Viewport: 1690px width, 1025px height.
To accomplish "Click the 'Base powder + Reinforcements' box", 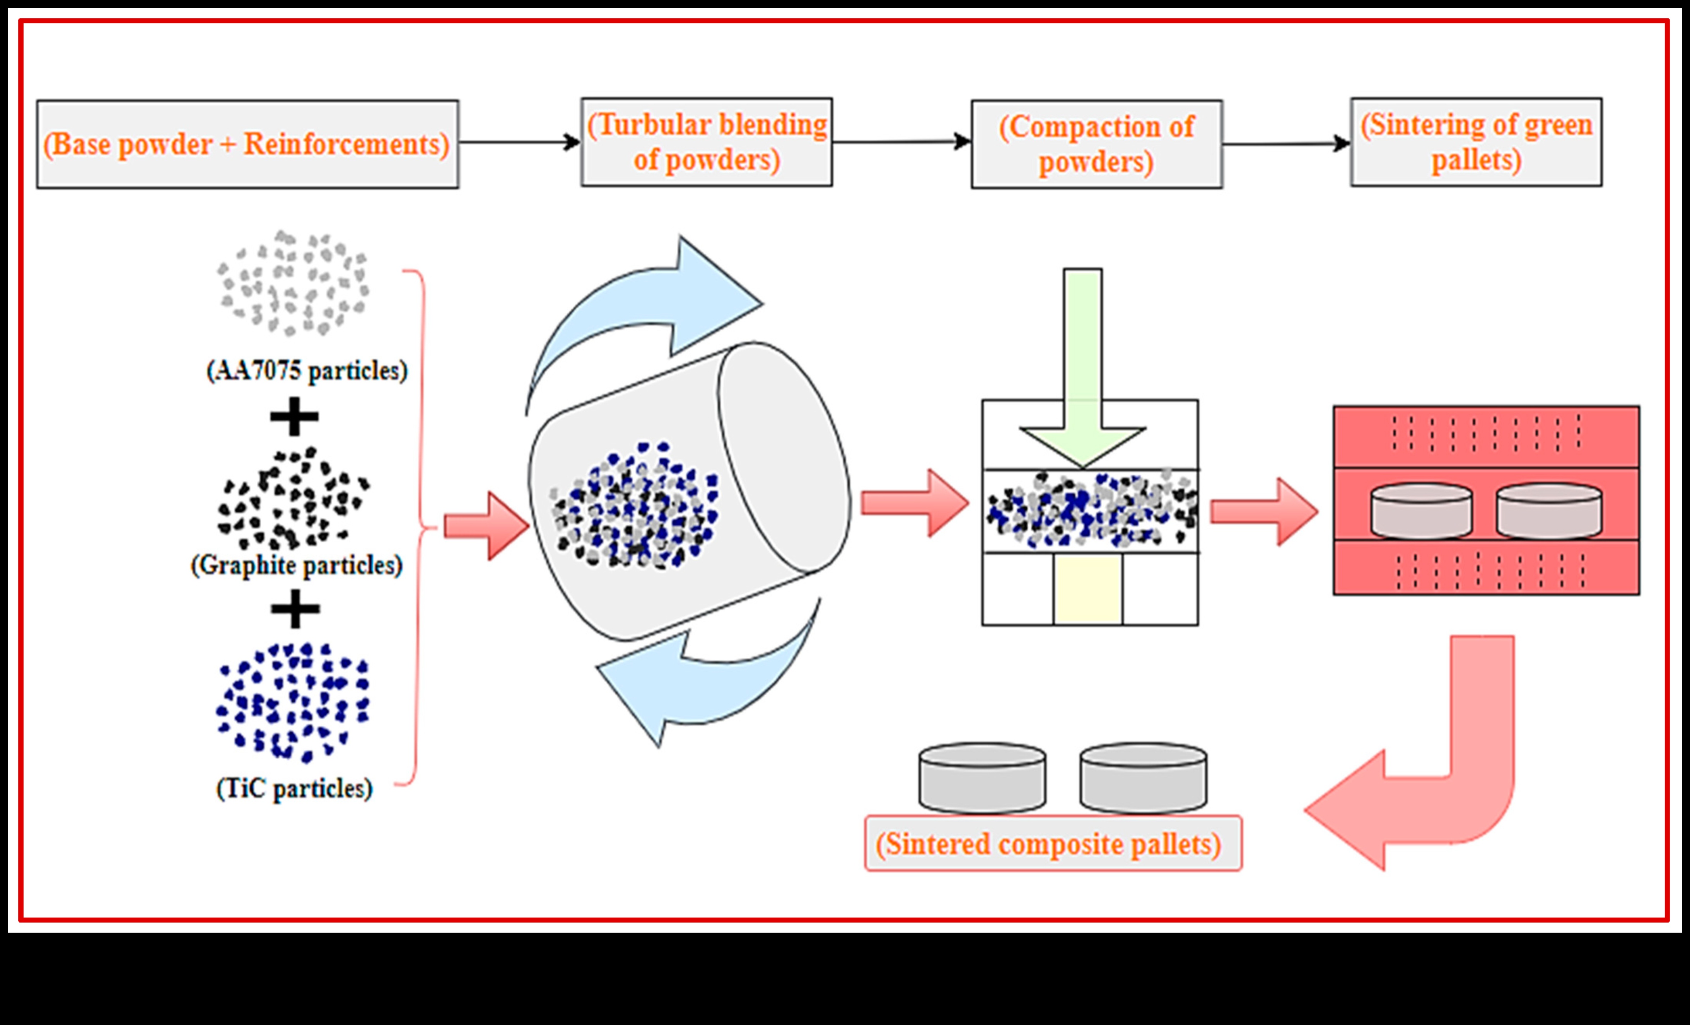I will [247, 144].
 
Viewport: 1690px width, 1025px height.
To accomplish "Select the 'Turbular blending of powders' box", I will [707, 142].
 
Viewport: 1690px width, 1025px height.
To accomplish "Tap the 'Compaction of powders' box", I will [1096, 144].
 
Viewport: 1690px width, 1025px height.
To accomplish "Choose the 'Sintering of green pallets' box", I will [1476, 142].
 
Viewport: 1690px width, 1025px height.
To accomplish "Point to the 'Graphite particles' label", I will [296, 565].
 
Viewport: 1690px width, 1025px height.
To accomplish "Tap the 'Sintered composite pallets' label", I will [1053, 843].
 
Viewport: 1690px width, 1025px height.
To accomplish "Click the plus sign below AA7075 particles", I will [294, 416].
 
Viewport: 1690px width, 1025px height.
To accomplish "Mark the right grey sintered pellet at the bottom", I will [1143, 778].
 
